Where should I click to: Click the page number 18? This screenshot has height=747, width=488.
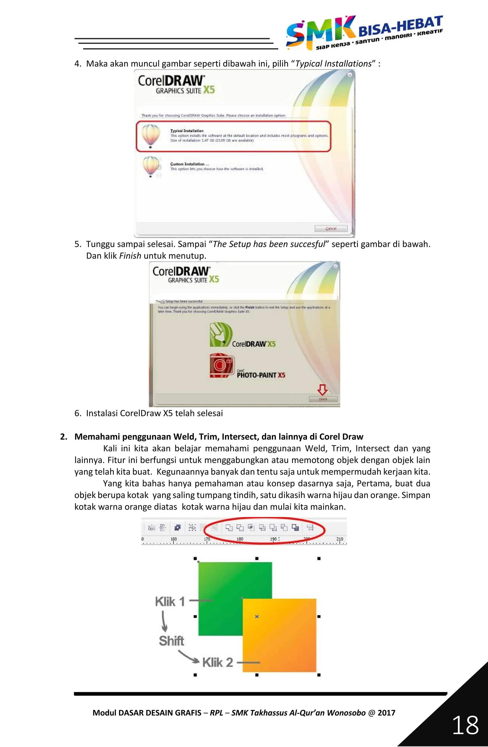pos(465,725)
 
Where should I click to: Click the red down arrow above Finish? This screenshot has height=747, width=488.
pos(322,390)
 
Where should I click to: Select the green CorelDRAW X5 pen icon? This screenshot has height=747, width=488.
pos(221,335)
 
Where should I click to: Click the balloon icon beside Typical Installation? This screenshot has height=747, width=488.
pos(151,135)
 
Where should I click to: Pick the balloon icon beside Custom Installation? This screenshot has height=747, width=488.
pos(151,166)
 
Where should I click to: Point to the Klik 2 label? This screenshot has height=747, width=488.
pos(218,662)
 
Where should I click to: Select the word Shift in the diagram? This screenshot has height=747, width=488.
pos(171,641)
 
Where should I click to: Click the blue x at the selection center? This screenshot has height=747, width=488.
pos(257,617)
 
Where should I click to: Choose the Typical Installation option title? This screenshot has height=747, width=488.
pos(187,130)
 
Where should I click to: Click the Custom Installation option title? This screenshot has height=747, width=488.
pos(188,164)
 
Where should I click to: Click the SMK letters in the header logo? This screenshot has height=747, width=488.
pos(320,31)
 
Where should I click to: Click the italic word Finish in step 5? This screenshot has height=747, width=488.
pos(130,256)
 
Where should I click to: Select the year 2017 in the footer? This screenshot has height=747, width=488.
pos(386,713)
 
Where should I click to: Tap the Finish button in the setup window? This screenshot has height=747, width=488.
pos(323,399)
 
